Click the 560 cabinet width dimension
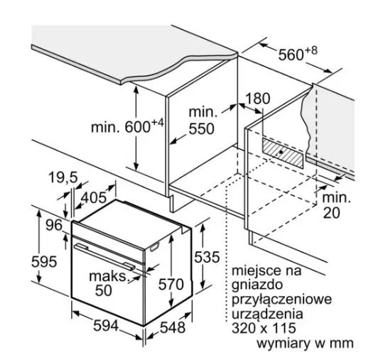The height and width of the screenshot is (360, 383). [298, 53]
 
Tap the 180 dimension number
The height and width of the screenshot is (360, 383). [257, 99]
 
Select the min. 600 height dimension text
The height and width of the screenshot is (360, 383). [127, 126]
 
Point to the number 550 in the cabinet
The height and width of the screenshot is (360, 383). [202, 129]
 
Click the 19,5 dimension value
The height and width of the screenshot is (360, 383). [63, 178]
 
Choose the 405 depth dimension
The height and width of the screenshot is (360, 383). [94, 197]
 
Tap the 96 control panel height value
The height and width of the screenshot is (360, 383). [54, 225]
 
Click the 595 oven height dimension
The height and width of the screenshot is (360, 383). [44, 261]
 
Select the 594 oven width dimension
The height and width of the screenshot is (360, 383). [106, 326]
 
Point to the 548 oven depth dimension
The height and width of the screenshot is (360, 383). [173, 327]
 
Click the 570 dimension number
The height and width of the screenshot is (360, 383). [171, 284]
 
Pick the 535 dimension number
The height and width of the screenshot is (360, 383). [207, 257]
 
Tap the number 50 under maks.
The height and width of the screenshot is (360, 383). [104, 290]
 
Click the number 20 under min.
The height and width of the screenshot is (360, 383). [331, 212]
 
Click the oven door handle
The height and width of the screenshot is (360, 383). [104, 257]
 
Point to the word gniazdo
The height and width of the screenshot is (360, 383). [257, 285]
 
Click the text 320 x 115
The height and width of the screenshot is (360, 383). [264, 328]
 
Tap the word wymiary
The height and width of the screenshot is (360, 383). [284, 343]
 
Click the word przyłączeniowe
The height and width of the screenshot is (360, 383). [281, 300]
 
